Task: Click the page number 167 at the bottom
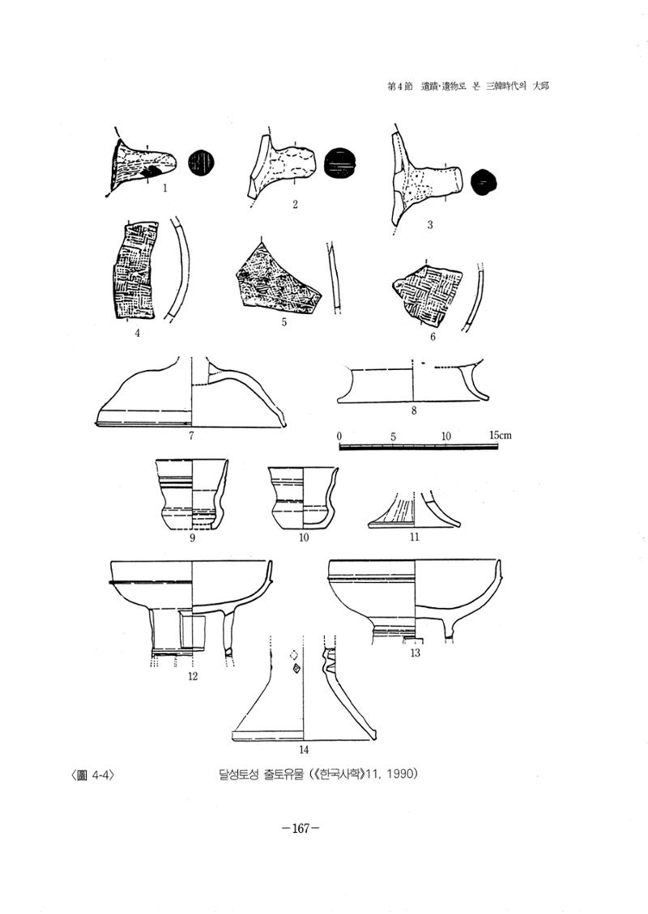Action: coord(300,828)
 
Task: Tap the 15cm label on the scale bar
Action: coord(501,436)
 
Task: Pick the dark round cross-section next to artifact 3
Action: coord(484,182)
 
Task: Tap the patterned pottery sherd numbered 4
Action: coord(134,270)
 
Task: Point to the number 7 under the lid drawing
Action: coord(191,435)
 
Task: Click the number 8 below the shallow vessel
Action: coord(414,410)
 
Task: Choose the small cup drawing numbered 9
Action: coord(193,495)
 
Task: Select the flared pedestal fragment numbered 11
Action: coord(414,511)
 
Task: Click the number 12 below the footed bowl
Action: coord(193,676)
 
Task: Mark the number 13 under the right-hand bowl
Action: coord(416,653)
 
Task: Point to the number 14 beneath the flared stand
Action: coord(304,750)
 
